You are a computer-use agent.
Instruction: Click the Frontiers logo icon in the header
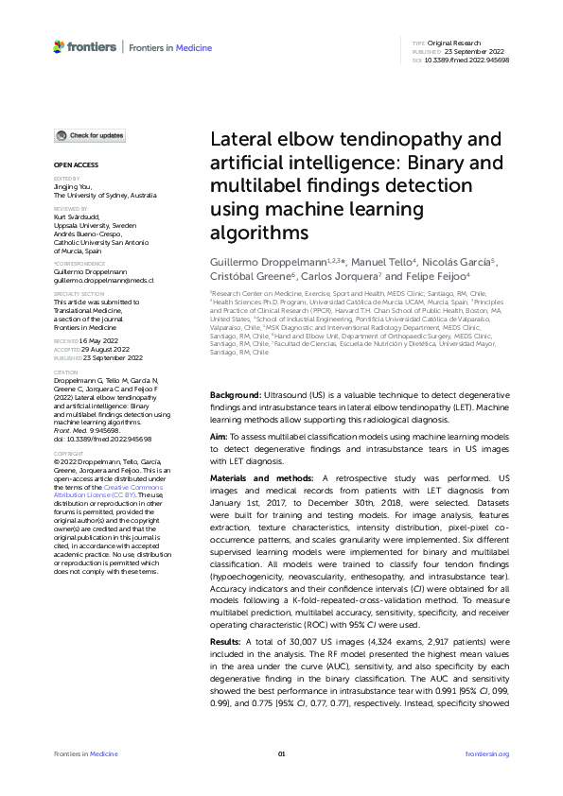[x=59, y=45]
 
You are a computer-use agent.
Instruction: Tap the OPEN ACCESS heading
[x=69, y=165]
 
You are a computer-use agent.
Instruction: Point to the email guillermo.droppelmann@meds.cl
[x=103, y=281]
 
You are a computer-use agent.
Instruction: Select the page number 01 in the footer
[x=281, y=753]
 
